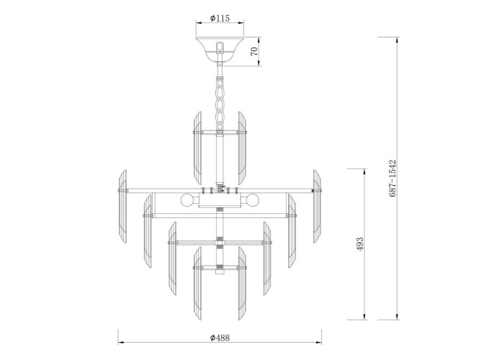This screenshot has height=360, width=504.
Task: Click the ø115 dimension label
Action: (x=220, y=18)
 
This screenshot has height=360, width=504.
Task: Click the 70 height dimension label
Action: (x=254, y=51)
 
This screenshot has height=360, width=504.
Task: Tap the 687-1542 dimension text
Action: (x=392, y=179)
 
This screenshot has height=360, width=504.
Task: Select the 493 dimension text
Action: (x=360, y=244)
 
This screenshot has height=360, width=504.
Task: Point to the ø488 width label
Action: (x=220, y=338)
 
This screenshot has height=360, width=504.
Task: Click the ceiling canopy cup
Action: (x=220, y=49)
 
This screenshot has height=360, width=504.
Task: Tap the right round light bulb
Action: (x=252, y=201)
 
